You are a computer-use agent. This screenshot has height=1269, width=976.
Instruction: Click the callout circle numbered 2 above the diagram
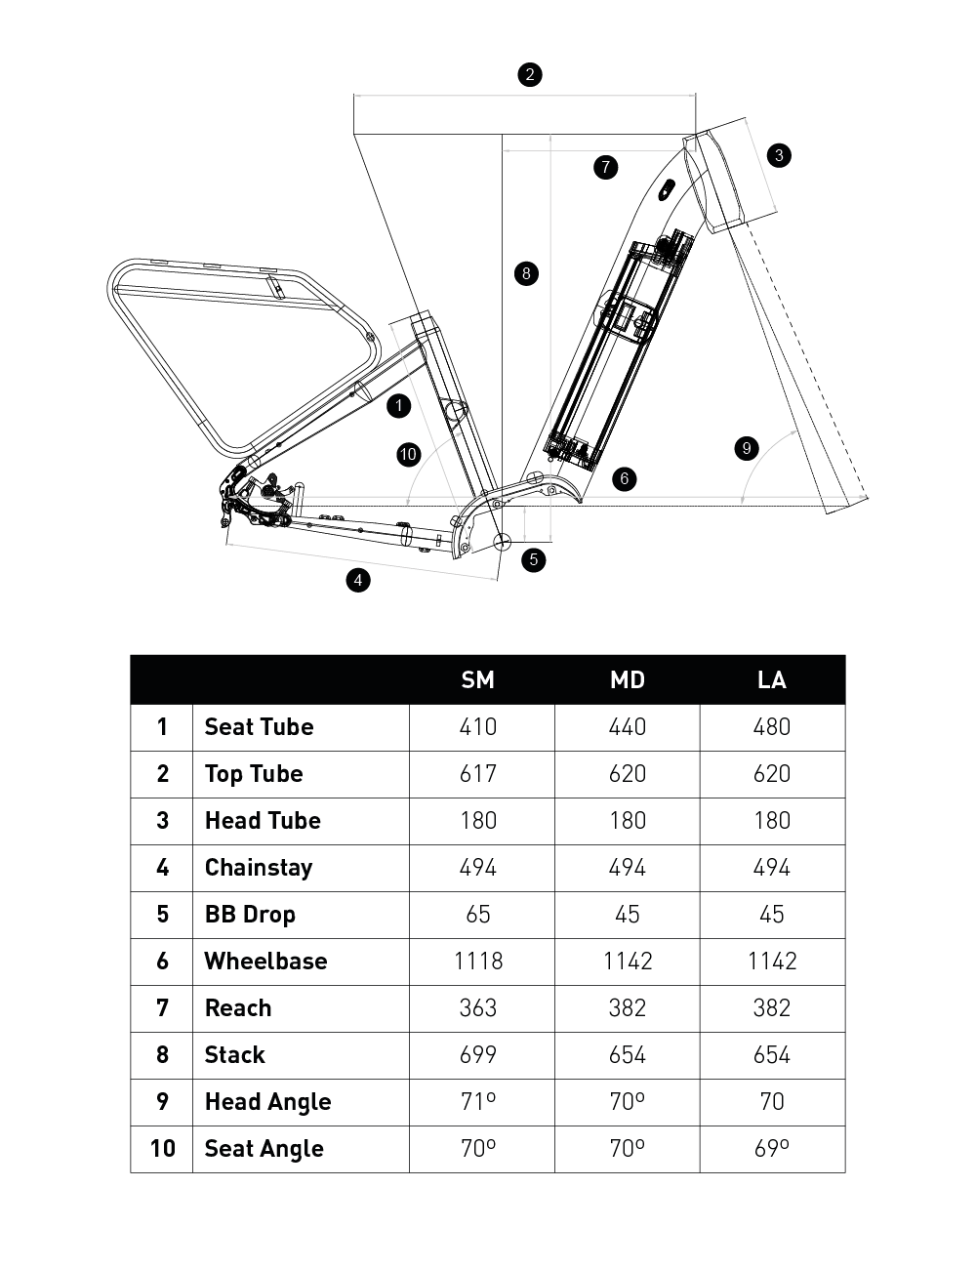coord(530,74)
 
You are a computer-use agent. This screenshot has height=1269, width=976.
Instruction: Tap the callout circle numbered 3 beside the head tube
coord(779,155)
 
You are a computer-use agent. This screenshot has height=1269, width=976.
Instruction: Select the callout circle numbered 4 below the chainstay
coord(358,580)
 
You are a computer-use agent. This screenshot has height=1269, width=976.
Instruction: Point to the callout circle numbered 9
coord(747,448)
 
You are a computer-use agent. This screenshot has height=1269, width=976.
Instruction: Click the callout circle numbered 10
coord(408,454)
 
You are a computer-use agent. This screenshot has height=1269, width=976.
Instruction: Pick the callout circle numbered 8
coord(526,273)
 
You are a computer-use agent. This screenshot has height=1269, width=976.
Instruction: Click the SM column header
coord(478,679)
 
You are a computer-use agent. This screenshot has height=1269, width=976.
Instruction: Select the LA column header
coord(772,679)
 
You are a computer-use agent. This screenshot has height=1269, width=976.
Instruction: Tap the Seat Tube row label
coord(259,727)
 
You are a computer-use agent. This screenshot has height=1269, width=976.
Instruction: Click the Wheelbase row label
coord(265,962)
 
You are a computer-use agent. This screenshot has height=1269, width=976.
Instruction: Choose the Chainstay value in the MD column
coord(627,868)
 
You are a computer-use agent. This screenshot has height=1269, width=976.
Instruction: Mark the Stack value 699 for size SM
coord(478,1055)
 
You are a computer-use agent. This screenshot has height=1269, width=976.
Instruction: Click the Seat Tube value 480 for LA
coord(772,727)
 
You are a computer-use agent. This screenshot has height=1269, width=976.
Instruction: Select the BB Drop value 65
coord(478,915)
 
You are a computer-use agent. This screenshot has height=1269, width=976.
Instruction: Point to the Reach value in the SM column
coord(478,1008)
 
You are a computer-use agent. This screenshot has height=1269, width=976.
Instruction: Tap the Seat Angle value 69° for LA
coord(772,1149)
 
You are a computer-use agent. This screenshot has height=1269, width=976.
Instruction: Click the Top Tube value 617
coord(478,774)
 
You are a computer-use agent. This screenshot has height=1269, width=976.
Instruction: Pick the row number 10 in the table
coord(162,1149)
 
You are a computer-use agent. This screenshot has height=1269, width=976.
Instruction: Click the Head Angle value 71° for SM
coord(478,1102)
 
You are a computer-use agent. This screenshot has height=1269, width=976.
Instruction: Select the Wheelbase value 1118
coord(478,962)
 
